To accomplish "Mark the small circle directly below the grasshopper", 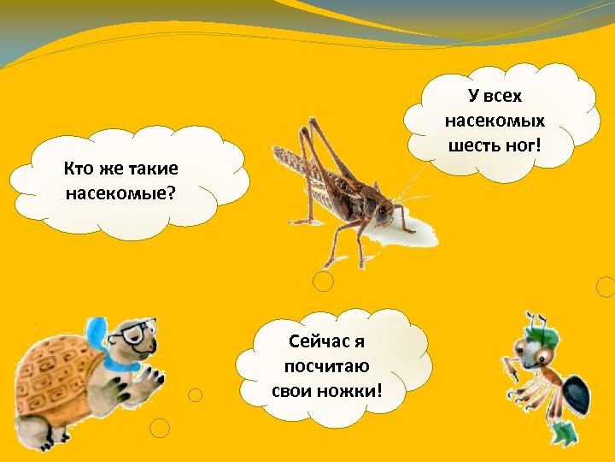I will pyautogui.click(x=323, y=281).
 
